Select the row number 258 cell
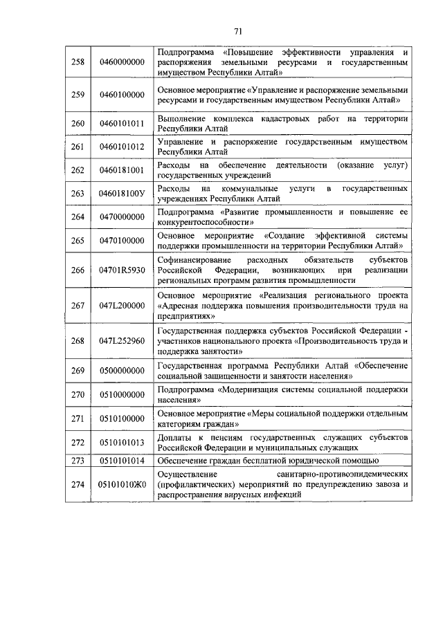[78, 62]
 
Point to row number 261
[78, 147]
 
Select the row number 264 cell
[78, 217]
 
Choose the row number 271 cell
[78, 418]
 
